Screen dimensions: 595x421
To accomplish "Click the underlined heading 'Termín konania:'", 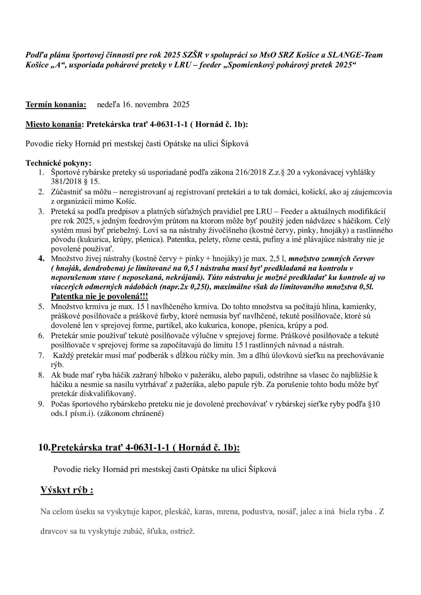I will click(56, 105).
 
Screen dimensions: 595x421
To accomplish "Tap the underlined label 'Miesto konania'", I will click(53, 125).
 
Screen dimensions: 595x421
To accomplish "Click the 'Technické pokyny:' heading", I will click(58, 163).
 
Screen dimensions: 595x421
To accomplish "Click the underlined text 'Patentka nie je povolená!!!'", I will click(99, 297).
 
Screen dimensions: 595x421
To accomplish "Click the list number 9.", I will click(41, 404).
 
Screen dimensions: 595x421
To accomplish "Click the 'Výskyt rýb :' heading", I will click(67, 490).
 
